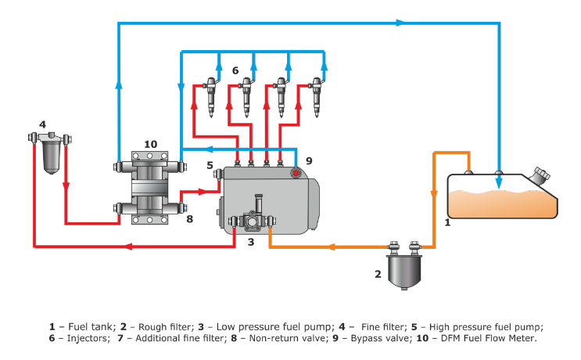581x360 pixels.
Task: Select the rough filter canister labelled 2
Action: pyautogui.click(x=403, y=266)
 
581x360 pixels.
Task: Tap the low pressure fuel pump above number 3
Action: pyautogui.click(x=251, y=221)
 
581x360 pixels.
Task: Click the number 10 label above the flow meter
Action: pyautogui.click(x=150, y=144)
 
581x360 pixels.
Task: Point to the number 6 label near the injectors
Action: pyautogui.click(x=235, y=70)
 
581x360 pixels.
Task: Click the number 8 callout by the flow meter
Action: pyautogui.click(x=188, y=219)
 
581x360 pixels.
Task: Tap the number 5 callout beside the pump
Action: pyautogui.click(x=210, y=165)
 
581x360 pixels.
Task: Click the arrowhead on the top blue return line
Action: pyautogui.click(x=400, y=23)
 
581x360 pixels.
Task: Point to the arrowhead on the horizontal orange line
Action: pyautogui.click(x=332, y=247)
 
